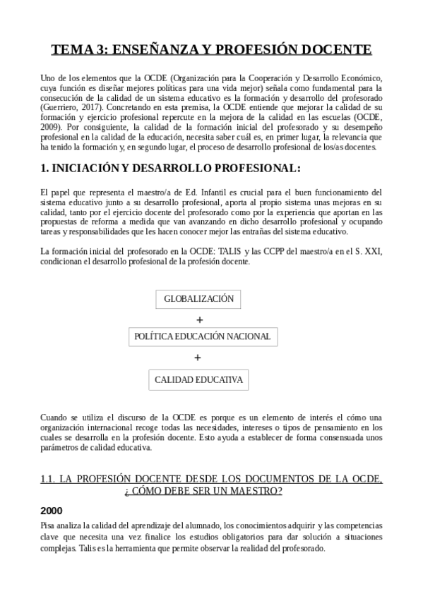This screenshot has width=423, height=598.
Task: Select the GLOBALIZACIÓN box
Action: [x=198, y=299]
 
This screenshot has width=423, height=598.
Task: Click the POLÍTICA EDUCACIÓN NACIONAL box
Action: [x=202, y=336]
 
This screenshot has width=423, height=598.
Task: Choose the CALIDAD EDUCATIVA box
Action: [x=198, y=381]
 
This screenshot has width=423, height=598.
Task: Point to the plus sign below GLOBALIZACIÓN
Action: [x=198, y=319]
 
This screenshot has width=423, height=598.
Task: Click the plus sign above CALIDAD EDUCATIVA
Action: [x=198, y=358]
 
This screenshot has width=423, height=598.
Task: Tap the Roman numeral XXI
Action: [x=373, y=252]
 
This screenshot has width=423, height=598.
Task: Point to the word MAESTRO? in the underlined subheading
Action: [x=257, y=491]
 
